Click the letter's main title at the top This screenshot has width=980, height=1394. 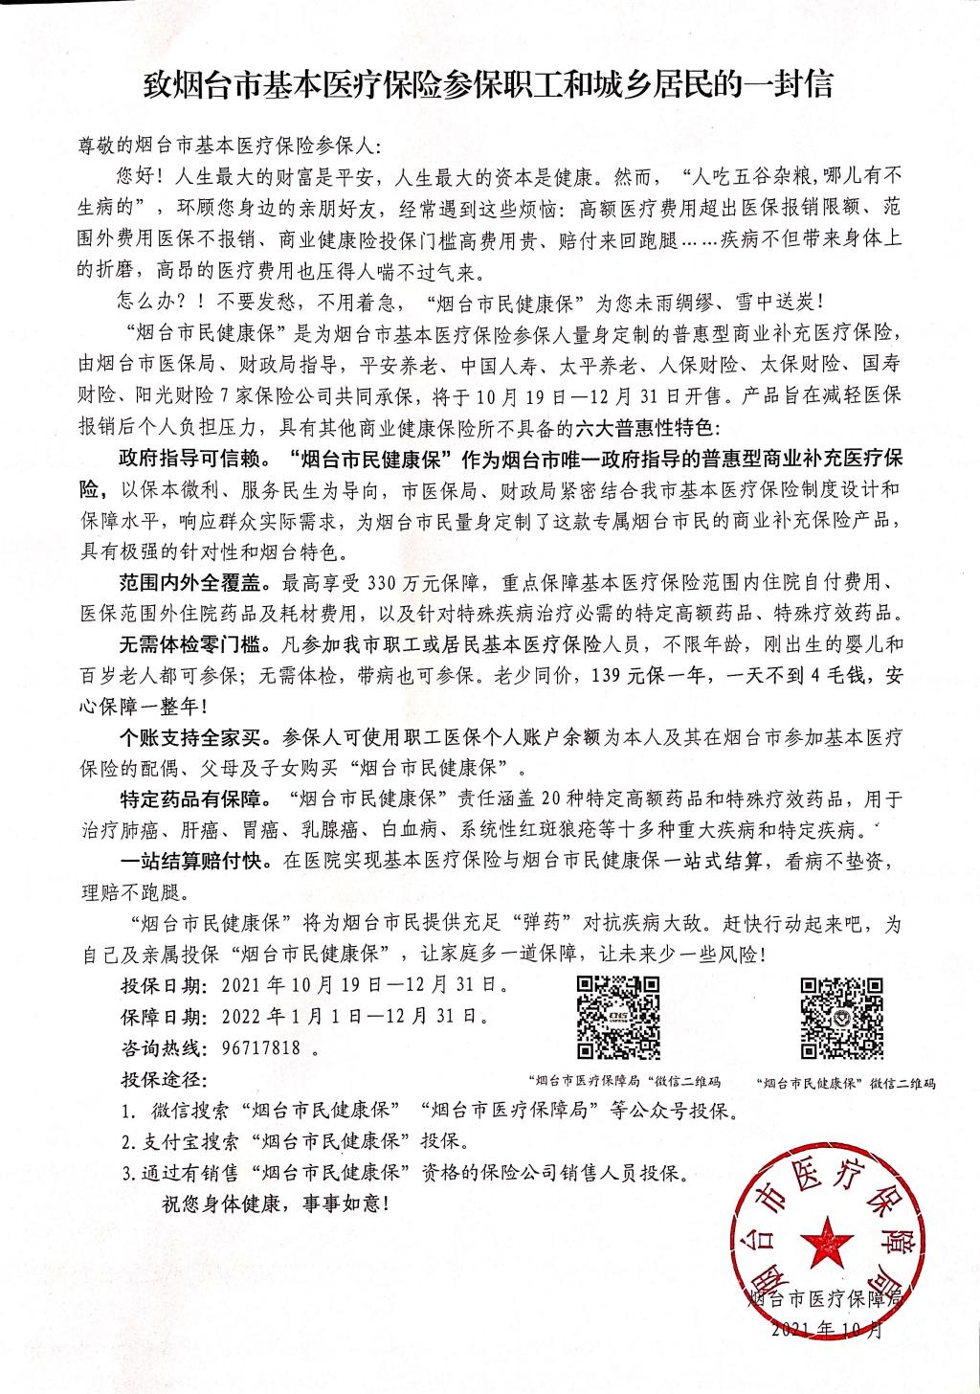tap(489, 86)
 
